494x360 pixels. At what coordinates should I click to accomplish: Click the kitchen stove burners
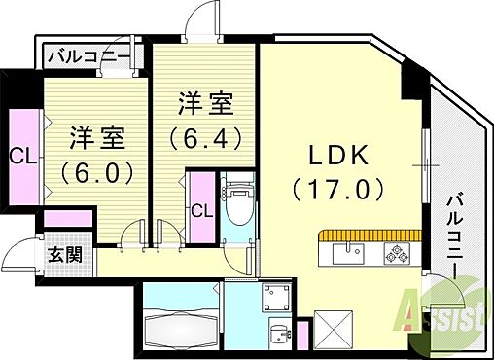click(398, 254)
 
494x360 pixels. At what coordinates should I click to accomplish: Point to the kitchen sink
click(346, 255)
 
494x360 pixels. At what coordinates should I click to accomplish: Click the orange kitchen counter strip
click(369, 234)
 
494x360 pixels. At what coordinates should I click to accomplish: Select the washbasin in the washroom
click(279, 332)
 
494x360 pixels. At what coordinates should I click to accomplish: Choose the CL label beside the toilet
click(202, 210)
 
